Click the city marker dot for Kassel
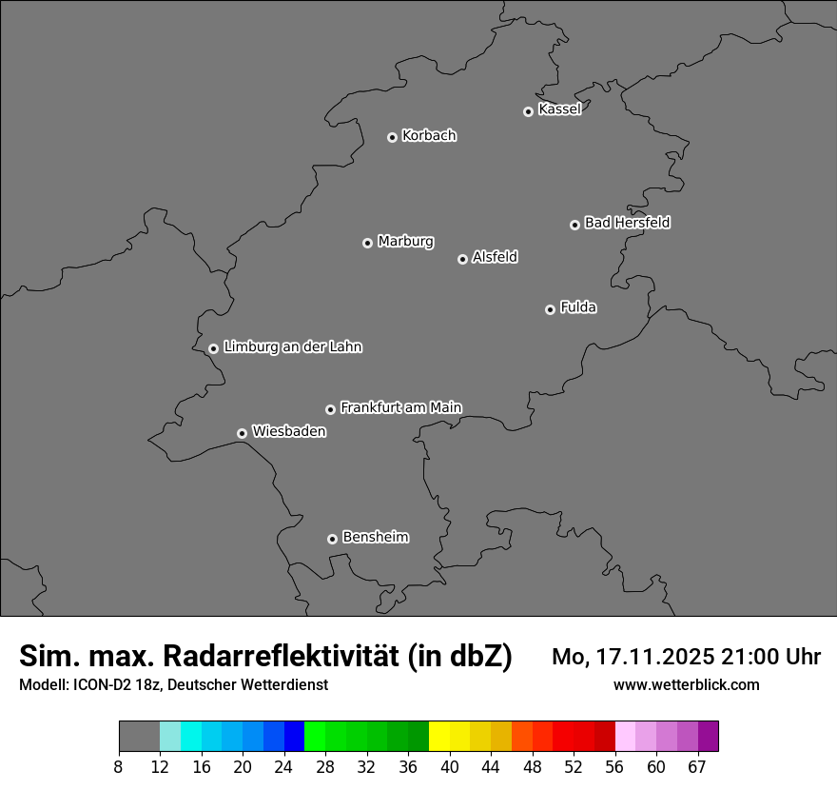coord(528,111)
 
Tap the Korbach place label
coord(429,136)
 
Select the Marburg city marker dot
coord(367,243)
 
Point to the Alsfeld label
coord(495,257)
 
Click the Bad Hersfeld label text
coord(627,223)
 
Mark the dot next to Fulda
coord(550,309)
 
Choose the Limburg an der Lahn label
coord(292,347)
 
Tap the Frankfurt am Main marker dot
coord(330,409)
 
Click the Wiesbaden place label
coord(288,432)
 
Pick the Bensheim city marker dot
coord(332,539)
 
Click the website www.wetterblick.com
coord(686,685)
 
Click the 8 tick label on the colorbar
coord(119,767)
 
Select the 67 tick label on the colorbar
coord(697,767)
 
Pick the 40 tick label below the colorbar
coord(450,767)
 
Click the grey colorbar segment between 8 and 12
coord(139,737)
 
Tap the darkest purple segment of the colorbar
coord(708,737)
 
